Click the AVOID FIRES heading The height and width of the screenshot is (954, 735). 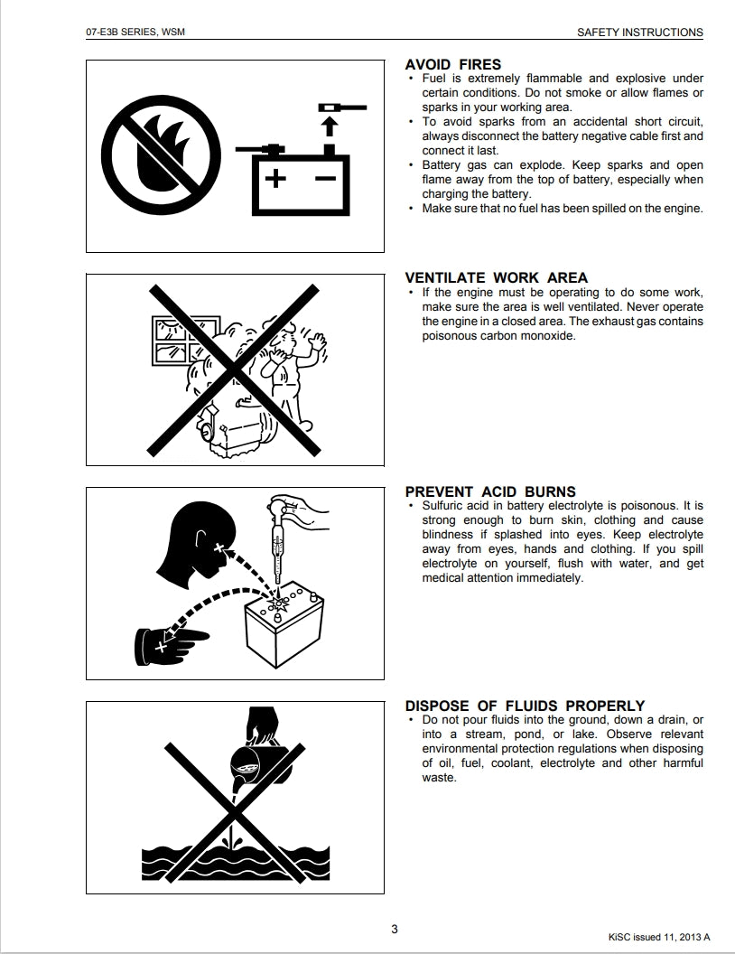(x=453, y=64)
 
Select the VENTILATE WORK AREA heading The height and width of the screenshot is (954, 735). (x=496, y=278)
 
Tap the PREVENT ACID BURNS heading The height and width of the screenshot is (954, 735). (x=490, y=491)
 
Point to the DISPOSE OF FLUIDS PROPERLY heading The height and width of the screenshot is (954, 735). (x=525, y=706)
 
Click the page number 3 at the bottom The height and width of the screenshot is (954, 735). (x=395, y=929)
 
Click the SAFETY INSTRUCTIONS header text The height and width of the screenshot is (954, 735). (x=639, y=33)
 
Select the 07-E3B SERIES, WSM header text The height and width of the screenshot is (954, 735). (x=135, y=32)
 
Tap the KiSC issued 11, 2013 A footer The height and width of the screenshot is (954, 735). (x=659, y=938)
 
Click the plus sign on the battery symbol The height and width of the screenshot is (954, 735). (x=275, y=178)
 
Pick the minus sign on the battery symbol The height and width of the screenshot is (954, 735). (x=326, y=178)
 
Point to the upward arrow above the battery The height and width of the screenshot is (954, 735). (x=329, y=126)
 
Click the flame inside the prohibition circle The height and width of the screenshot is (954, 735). (x=158, y=156)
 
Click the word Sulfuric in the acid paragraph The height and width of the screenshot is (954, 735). (x=442, y=506)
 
